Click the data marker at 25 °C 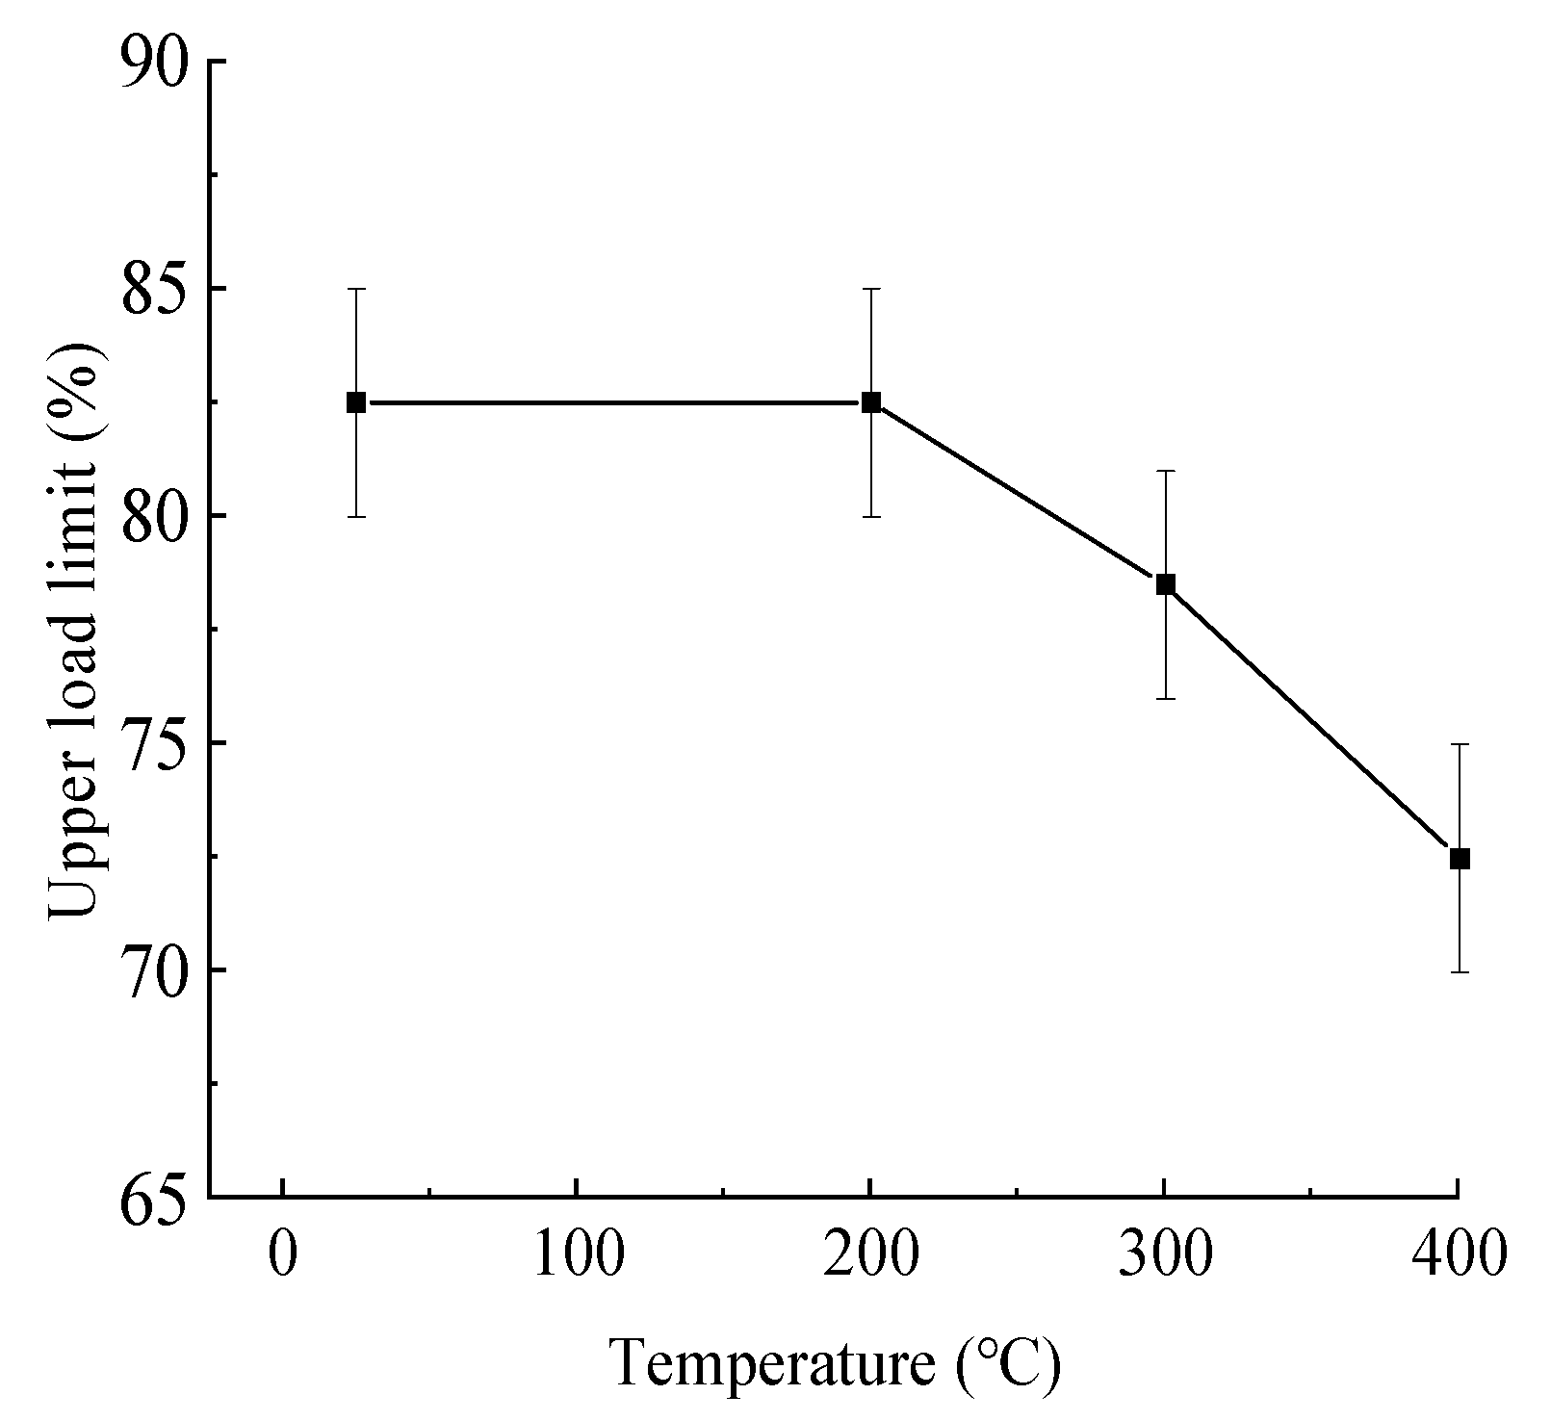pyautogui.click(x=356, y=402)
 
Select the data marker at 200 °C pyautogui.click(x=871, y=402)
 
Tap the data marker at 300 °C pyautogui.click(x=1166, y=584)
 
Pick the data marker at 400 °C pyautogui.click(x=1460, y=859)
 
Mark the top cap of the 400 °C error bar pyautogui.click(x=1460, y=744)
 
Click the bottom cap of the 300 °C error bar pyautogui.click(x=1166, y=699)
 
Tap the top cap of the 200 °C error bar pyautogui.click(x=871, y=289)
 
